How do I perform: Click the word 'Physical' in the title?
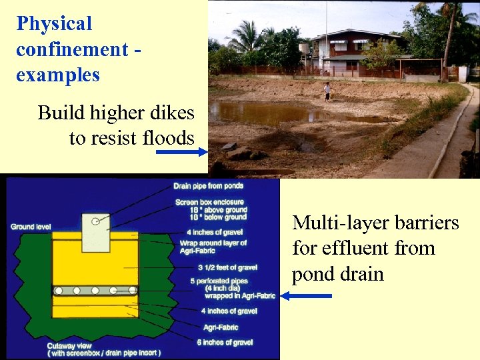pos(54,24)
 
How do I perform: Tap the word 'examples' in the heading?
pos(58,74)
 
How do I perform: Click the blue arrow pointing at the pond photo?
pos(183,152)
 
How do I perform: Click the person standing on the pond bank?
pos(327,91)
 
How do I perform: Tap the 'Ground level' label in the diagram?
pos(31,227)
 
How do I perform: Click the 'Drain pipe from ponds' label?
pos(208,186)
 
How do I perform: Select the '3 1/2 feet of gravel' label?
pos(217,267)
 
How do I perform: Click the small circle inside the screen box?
pos(97,221)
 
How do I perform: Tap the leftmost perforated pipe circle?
pos(59,291)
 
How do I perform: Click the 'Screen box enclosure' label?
pos(209,202)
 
